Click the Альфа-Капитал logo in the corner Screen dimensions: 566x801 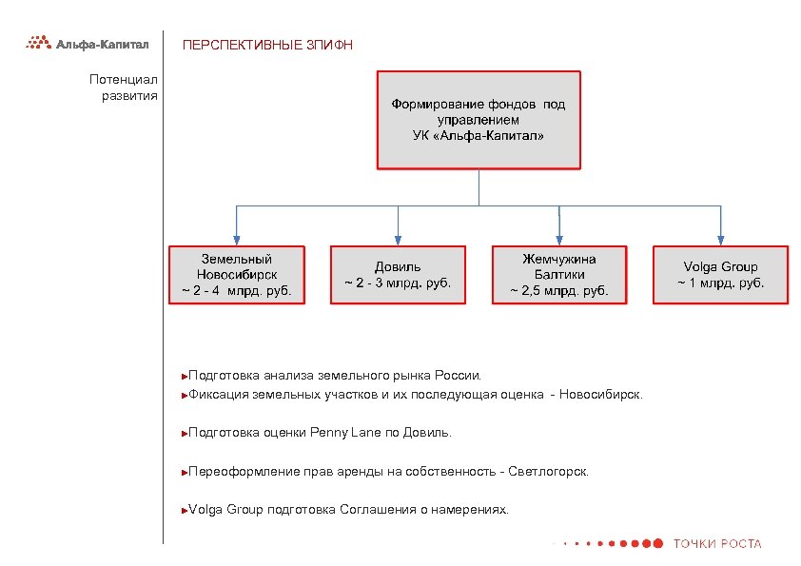point(87,43)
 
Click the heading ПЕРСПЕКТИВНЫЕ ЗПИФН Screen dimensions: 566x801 point(267,45)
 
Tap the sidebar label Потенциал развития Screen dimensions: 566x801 point(124,88)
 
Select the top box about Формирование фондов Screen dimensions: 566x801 point(479,120)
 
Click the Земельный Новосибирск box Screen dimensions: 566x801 point(237,275)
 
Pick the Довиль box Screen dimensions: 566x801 point(398,275)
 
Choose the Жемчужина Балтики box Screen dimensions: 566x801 point(559,275)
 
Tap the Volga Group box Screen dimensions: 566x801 point(720,275)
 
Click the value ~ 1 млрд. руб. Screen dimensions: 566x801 point(720,283)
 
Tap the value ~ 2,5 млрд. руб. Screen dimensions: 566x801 point(559,290)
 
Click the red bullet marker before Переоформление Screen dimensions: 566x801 point(185,472)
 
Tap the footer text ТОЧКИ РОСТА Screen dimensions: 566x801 point(717,544)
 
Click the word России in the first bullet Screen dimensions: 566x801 point(459,376)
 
